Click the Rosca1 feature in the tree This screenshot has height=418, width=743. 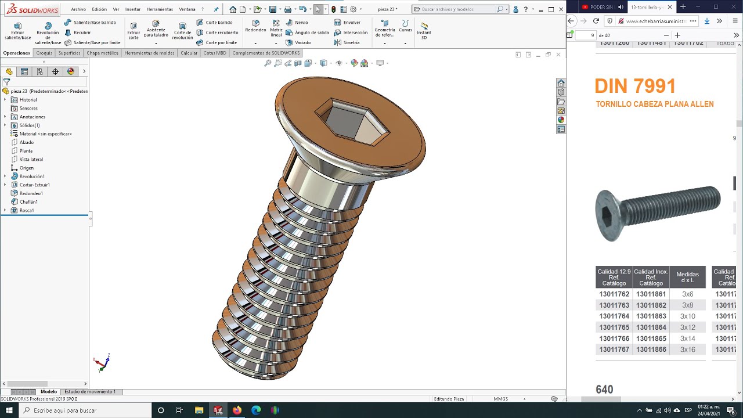coord(27,210)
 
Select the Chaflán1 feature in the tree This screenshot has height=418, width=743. coord(28,201)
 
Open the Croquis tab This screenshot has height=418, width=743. coord(44,53)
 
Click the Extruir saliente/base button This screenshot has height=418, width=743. coord(17,30)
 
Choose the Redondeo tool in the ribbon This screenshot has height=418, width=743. coord(255,26)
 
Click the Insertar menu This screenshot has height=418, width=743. coord(133,9)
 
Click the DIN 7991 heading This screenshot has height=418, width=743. coord(635,87)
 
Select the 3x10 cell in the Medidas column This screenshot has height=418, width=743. coord(687,316)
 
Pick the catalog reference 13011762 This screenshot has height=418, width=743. coord(614,294)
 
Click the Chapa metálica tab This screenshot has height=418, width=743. coord(103,53)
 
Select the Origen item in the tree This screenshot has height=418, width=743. coord(26,168)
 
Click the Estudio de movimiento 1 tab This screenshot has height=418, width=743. coord(90,392)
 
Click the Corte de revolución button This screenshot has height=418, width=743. coord(182,30)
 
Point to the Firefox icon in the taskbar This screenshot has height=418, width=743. coord(237,410)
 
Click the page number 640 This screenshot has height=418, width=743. coord(604,390)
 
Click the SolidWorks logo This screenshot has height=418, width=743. coord(32,9)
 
